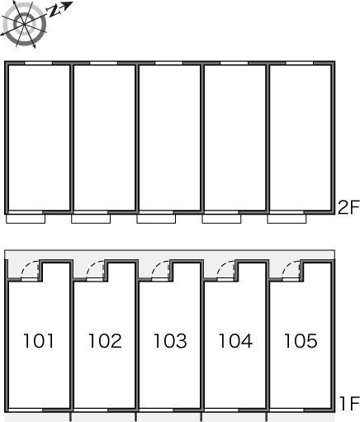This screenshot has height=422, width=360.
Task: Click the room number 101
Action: [39, 341]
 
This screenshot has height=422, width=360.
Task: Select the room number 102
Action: [105, 341]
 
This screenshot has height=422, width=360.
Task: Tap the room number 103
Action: [170, 341]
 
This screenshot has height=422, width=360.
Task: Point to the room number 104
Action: [235, 341]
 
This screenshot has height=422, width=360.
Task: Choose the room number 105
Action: [301, 341]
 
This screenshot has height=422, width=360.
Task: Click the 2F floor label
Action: [348, 207]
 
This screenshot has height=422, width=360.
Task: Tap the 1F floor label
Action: [349, 404]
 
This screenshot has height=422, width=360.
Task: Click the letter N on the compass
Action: [54, 11]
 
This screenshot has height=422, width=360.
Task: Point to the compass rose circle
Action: [25, 24]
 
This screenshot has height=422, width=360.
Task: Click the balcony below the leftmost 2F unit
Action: [26, 219]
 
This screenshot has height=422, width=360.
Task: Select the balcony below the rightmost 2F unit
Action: [287, 219]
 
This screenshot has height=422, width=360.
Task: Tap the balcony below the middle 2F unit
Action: [156, 219]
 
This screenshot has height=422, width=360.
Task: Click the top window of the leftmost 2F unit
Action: [39, 64]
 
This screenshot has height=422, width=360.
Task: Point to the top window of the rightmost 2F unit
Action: [300, 64]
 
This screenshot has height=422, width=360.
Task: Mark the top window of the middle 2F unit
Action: [169, 64]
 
